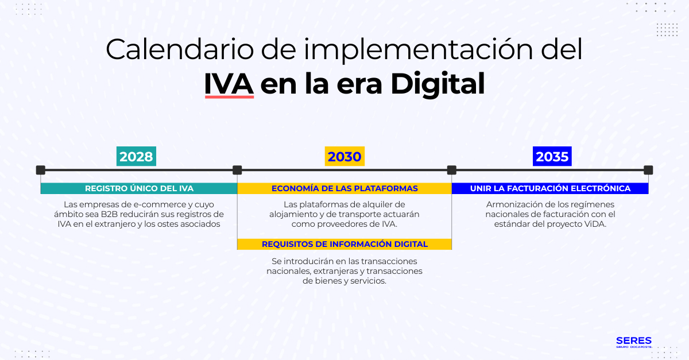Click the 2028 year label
click(x=136, y=157)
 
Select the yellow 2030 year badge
click(x=344, y=157)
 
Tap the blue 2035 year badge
click(x=552, y=157)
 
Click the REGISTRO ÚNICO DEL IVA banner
click(x=139, y=188)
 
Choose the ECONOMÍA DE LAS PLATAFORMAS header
click(x=344, y=188)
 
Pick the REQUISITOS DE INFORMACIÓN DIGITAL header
click(x=344, y=244)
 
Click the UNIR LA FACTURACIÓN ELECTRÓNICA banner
click(x=550, y=188)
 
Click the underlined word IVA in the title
click(x=229, y=84)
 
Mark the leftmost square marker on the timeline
click(x=40, y=170)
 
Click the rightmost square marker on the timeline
click(x=648, y=170)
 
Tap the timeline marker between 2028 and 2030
click(x=237, y=170)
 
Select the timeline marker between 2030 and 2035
click(x=452, y=170)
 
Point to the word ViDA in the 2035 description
click(x=593, y=224)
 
